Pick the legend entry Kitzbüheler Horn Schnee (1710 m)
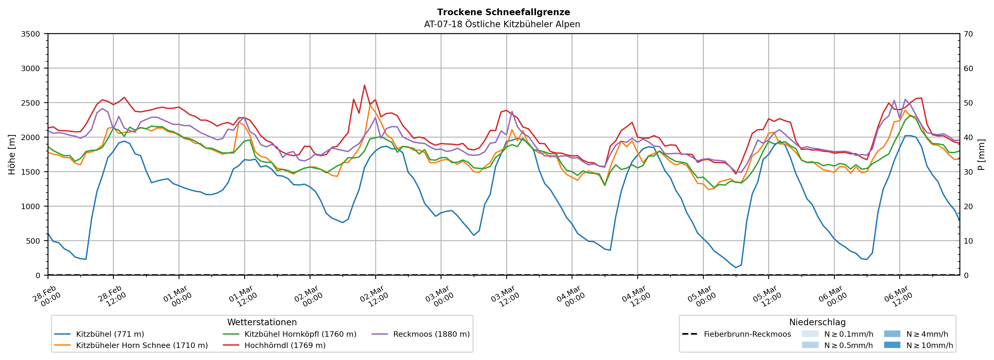point(142,345)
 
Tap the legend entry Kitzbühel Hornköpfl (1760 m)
point(300,334)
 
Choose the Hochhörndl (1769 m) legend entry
point(285,345)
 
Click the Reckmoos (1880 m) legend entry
point(431,334)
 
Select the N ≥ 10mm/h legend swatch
point(892,345)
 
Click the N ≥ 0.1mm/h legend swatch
point(810,334)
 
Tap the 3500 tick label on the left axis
point(31,34)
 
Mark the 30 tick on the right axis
point(968,172)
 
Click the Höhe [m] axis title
point(12,154)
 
